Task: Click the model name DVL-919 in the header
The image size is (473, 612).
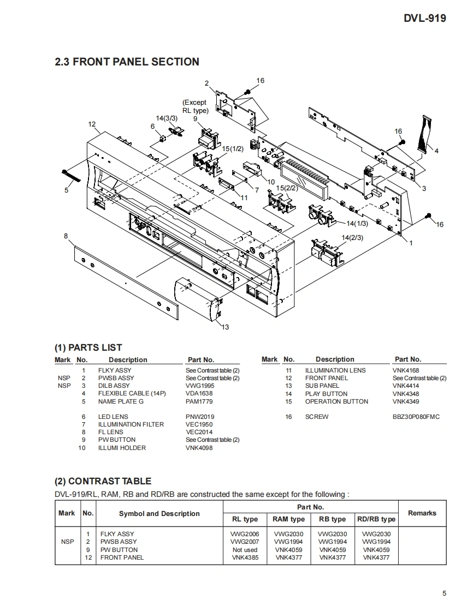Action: tap(424, 18)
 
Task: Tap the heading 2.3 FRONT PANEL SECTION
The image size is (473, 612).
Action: tap(127, 62)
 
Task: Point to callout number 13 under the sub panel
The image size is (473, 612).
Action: tap(226, 327)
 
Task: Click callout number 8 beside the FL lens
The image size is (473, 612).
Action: tap(66, 236)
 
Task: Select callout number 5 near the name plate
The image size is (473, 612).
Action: tap(67, 190)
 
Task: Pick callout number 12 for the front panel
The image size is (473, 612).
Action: tap(92, 124)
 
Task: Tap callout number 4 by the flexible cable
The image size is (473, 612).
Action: tap(436, 151)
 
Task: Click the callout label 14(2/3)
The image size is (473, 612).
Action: tap(352, 238)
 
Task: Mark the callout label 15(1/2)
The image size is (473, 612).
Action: tap(232, 149)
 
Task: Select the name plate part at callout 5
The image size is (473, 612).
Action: tap(72, 176)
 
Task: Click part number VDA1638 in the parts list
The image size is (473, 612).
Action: tap(199, 393)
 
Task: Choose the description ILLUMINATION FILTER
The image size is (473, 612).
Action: tap(131, 424)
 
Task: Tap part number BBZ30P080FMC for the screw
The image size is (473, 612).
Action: tap(416, 417)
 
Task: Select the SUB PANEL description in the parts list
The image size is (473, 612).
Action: tap(322, 386)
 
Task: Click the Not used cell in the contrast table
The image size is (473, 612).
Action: tap(245, 550)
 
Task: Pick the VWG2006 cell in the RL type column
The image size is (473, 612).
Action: tap(245, 534)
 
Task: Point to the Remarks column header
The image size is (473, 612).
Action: tap(422, 513)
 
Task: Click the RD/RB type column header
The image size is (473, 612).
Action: tap(376, 519)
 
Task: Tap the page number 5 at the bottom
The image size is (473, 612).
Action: tap(444, 593)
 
